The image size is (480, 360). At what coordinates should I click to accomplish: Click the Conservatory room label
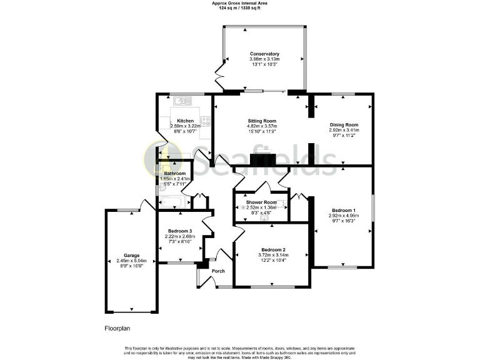[264, 54]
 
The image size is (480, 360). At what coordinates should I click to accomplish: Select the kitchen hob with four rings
[205, 121]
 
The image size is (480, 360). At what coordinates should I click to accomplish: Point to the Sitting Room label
[262, 121]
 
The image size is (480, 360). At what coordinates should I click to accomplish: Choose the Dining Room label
[344, 125]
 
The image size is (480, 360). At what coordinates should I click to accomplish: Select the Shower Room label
[261, 202]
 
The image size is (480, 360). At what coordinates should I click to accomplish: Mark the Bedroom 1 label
[343, 210]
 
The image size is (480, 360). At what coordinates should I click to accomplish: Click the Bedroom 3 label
[179, 231]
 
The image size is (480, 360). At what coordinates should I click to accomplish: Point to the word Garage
[131, 255]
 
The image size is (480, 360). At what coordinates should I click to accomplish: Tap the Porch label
[218, 271]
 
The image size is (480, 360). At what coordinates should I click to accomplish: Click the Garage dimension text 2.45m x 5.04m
[131, 261]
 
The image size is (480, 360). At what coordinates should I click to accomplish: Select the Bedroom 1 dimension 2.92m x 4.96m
[343, 216]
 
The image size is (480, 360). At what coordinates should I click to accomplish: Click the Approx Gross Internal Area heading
[240, 3]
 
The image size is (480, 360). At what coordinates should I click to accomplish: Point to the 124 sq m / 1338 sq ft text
[240, 8]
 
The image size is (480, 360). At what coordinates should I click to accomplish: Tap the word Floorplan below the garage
[117, 327]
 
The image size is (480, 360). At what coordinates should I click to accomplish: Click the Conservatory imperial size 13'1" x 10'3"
[264, 64]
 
